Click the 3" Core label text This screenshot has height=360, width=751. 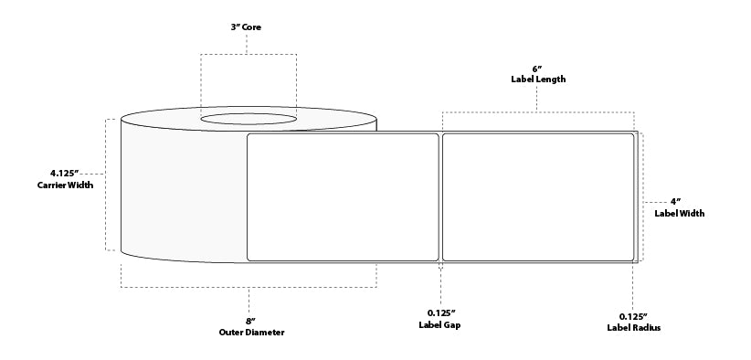[x=248, y=28]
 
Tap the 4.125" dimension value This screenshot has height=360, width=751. [x=65, y=172]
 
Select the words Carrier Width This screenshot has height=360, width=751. [x=65, y=185]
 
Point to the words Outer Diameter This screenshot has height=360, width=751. [x=252, y=333]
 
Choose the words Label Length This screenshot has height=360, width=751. [x=537, y=79]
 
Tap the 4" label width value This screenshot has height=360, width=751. [x=677, y=201]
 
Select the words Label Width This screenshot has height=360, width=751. [x=679, y=214]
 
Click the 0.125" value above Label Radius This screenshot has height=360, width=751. [x=633, y=316]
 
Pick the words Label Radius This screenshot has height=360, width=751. [x=633, y=328]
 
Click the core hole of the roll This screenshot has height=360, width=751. [x=249, y=118]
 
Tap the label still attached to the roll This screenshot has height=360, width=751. [x=343, y=196]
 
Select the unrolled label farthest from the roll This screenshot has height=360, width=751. [x=537, y=196]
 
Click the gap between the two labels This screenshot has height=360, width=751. [x=440, y=196]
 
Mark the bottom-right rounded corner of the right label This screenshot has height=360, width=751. [x=631, y=258]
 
